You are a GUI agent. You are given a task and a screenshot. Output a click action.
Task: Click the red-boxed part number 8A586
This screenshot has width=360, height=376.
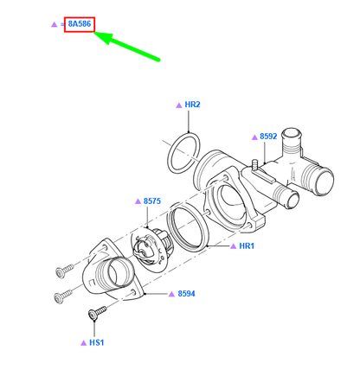pos(79,24)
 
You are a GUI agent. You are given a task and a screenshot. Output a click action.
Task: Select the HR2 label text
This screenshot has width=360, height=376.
pos(192,105)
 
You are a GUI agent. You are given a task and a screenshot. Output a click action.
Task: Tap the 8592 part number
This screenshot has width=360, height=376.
pos(268,137)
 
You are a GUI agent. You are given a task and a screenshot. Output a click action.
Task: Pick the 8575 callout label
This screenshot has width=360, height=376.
pos(152,201)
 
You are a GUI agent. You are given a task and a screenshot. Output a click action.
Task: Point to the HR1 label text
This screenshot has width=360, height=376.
pos(247,246)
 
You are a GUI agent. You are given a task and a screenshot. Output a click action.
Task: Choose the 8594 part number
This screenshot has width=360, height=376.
pos(187,294)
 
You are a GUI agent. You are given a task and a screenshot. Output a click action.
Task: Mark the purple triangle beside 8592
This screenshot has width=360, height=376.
pos(253,137)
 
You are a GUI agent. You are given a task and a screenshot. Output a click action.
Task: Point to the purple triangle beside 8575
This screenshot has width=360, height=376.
pos(137,201)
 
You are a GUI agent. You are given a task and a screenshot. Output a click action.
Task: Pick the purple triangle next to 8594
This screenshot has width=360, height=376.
pos(171,294)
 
